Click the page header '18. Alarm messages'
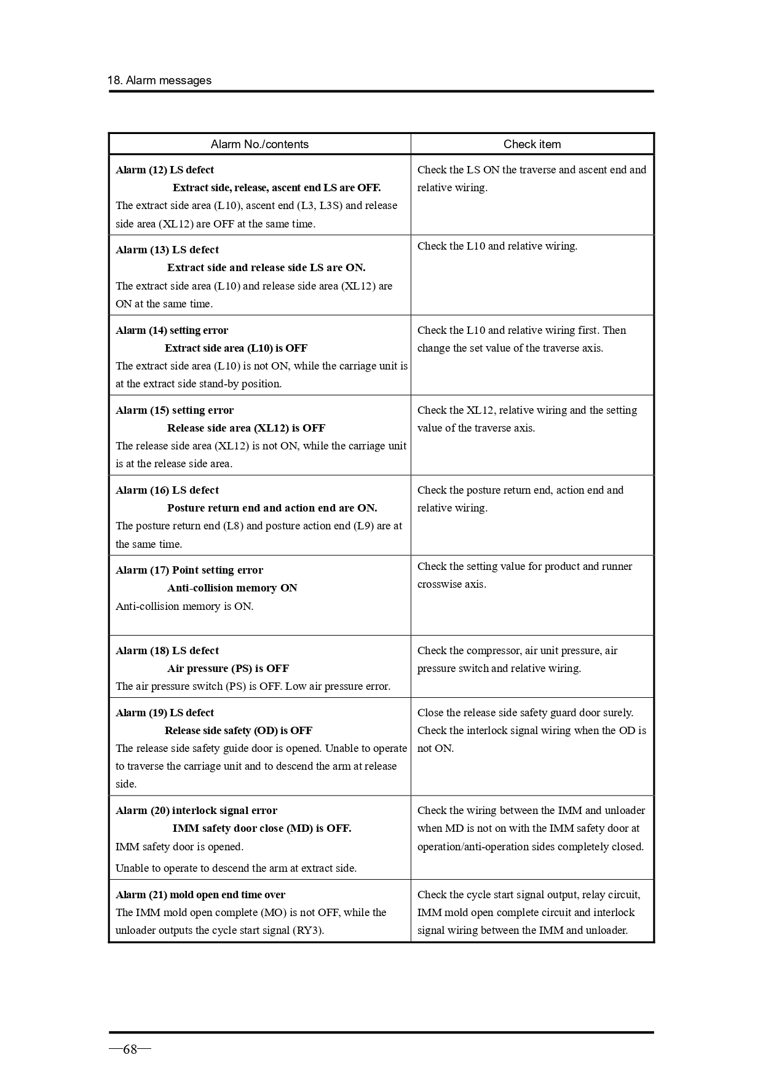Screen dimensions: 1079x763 [159, 81]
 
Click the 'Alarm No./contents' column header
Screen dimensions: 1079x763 [259, 144]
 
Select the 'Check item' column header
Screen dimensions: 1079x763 [532, 144]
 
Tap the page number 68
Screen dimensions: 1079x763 [130, 1049]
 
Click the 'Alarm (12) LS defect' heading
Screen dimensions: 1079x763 [165, 170]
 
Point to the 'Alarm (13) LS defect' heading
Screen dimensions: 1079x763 [167, 250]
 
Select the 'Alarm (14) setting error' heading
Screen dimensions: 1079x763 [172, 331]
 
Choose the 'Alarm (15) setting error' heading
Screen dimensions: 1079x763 [175, 411]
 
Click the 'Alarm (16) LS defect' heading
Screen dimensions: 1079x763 [167, 491]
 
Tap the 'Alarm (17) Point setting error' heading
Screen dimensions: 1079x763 [189, 571]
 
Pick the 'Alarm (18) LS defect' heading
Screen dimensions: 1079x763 [167, 651]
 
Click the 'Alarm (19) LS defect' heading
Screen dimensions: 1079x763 [165, 713]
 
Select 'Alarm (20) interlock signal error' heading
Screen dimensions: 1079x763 [196, 811]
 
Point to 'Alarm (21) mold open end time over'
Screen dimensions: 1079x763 [200, 895]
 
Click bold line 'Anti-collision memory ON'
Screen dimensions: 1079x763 [232, 588]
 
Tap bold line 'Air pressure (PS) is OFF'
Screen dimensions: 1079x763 [227, 669]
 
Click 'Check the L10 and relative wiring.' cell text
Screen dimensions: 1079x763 [497, 247]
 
